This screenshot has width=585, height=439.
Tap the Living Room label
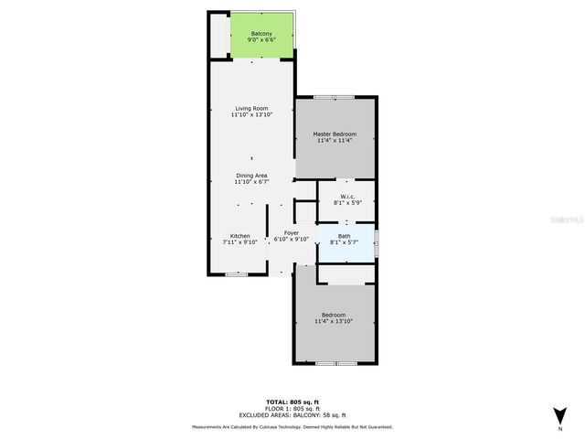click(x=251, y=109)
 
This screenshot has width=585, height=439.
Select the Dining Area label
click(x=251, y=176)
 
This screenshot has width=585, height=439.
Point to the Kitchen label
click(x=239, y=235)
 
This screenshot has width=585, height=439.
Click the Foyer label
click(x=292, y=233)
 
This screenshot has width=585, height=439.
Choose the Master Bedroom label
click(x=335, y=134)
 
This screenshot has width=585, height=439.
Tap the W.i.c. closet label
click(x=347, y=196)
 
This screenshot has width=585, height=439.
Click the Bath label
click(x=345, y=236)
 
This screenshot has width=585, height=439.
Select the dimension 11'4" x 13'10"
click(x=334, y=322)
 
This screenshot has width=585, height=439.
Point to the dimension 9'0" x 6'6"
click(x=261, y=40)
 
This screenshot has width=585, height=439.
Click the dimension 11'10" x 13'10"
click(x=251, y=115)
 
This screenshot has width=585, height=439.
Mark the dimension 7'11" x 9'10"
click(x=239, y=241)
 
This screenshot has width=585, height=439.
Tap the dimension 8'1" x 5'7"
click(x=345, y=242)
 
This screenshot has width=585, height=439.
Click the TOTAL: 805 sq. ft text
click(x=292, y=402)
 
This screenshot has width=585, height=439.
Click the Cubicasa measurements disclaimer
click(x=292, y=427)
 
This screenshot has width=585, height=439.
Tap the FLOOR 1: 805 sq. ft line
click(x=292, y=408)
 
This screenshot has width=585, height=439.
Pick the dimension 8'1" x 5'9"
click(x=347, y=202)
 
